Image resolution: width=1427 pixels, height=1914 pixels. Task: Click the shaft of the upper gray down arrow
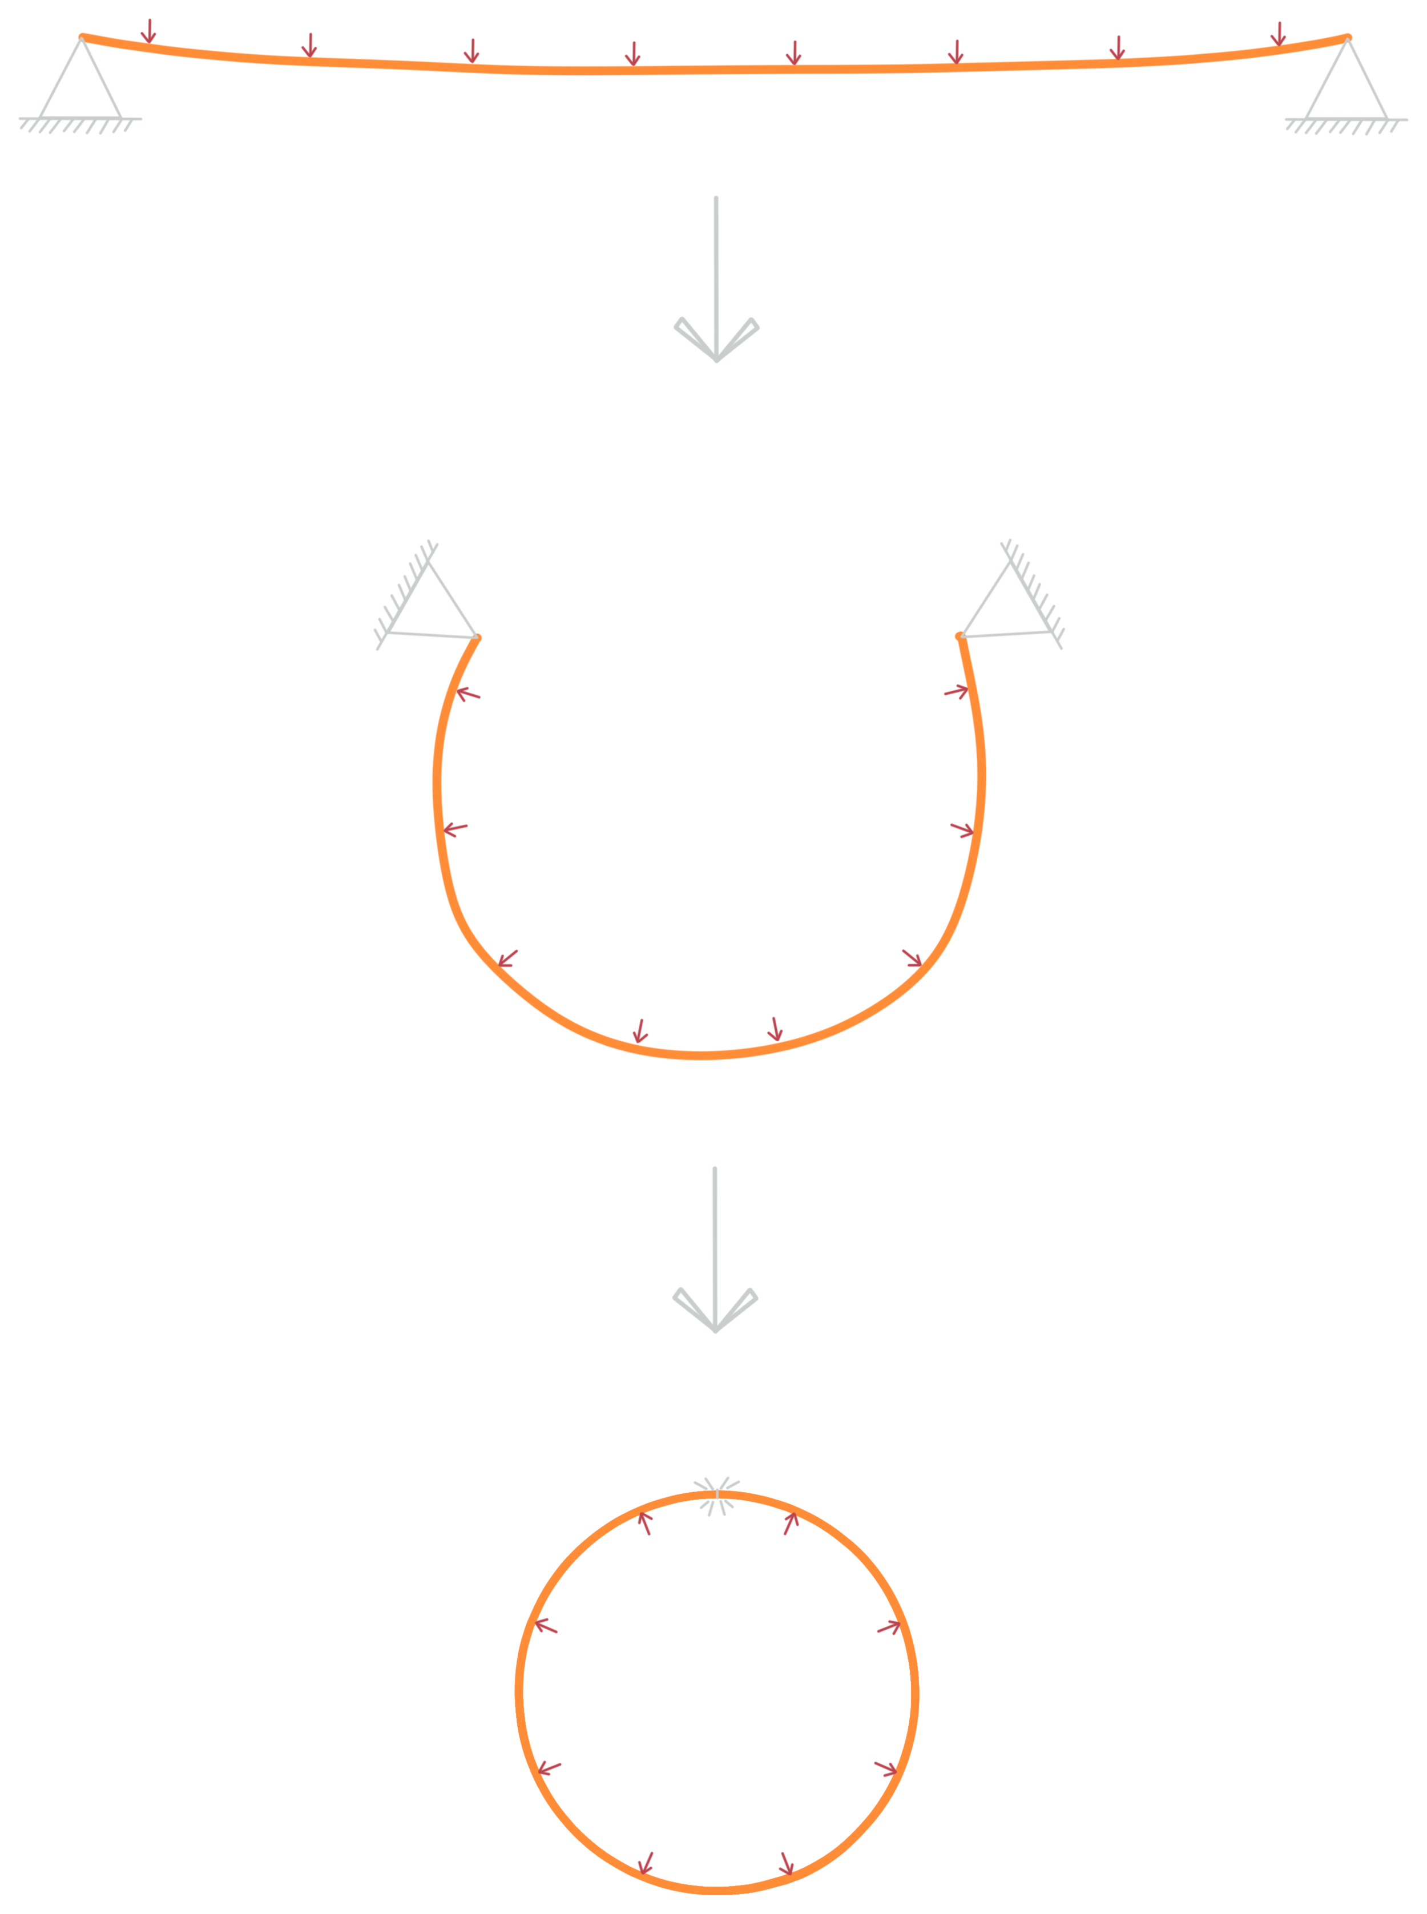point(715,259)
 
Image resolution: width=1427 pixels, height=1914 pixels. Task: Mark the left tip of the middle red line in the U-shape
point(449,831)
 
